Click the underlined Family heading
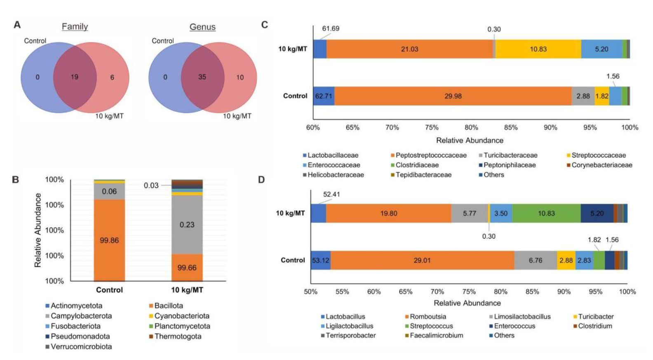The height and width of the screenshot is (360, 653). [75, 27]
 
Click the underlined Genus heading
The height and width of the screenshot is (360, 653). [202, 27]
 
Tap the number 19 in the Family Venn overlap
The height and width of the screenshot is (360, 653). [75, 77]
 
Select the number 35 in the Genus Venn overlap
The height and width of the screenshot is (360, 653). [202, 77]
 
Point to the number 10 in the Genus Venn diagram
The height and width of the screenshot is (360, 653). [240, 78]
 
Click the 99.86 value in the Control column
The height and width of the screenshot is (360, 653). [109, 240]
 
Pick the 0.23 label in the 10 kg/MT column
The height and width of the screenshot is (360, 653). [187, 225]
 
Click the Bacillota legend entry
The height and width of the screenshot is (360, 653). [169, 306]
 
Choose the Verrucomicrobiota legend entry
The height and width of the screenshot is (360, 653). [81, 346]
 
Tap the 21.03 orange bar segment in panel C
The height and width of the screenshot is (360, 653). [409, 49]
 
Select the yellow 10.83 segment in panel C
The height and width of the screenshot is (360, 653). [538, 49]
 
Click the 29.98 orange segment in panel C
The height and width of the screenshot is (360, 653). [453, 96]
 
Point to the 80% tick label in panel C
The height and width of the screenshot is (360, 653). [471, 127]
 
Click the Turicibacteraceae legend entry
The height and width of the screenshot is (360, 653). [510, 155]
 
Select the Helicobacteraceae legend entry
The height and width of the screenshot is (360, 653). [336, 175]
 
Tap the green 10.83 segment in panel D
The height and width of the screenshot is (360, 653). [546, 213]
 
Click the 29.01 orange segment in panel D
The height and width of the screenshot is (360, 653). [422, 260]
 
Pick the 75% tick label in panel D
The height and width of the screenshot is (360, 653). [469, 292]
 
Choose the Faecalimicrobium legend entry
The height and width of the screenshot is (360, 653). [436, 335]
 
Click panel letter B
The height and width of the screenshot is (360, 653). [16, 180]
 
